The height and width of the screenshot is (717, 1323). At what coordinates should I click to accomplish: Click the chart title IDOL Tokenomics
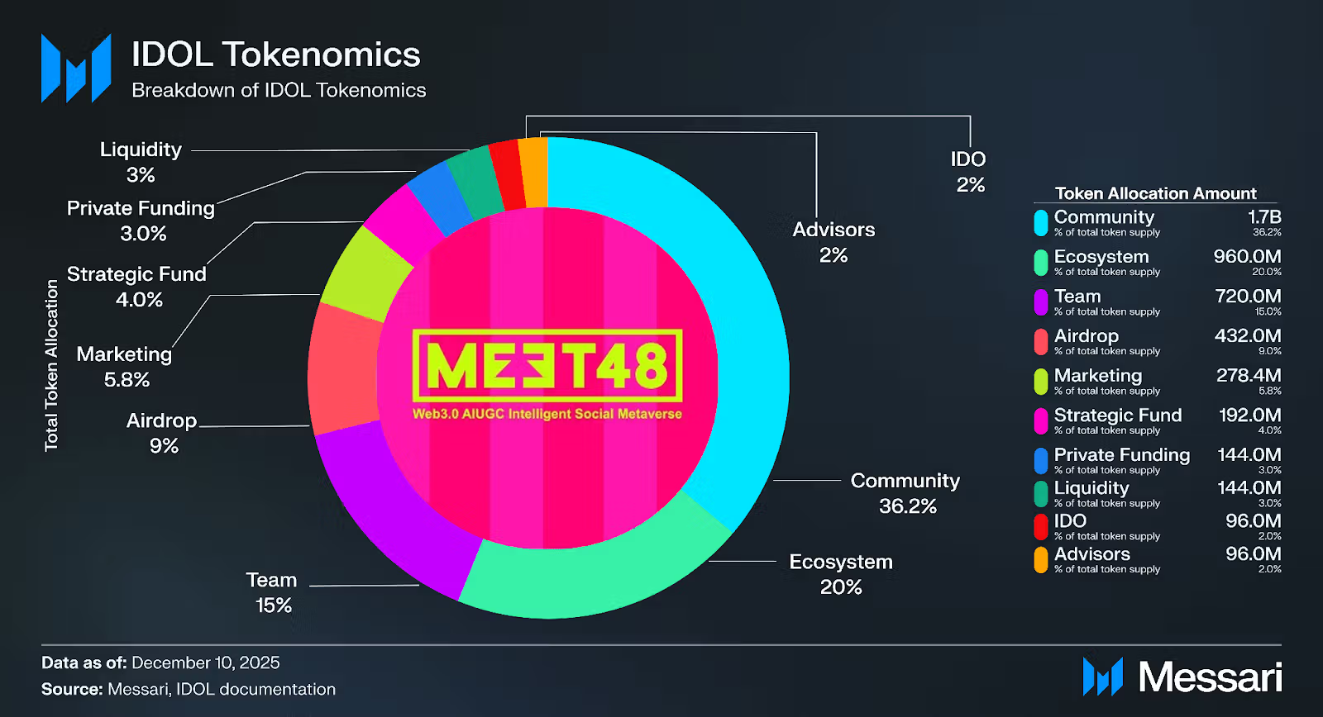275,55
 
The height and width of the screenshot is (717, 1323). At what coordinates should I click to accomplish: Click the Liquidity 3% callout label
141,162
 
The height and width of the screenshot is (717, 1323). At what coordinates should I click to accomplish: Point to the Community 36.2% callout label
905,493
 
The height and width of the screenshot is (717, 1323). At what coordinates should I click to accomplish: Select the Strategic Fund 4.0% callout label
136,286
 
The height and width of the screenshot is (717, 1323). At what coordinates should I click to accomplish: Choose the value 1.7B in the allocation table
1264,217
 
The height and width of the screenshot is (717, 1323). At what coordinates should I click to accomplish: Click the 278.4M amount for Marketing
1249,376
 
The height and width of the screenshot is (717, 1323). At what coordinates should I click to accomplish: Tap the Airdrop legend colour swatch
1041,341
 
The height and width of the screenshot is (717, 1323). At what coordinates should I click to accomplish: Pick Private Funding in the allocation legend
1122,455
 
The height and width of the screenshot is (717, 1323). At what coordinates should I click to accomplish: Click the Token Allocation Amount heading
1155,193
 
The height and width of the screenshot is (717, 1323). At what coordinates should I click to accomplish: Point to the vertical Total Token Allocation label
51,365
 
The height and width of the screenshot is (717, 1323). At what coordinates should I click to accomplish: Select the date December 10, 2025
206,662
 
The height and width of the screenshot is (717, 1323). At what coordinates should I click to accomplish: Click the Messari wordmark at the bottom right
1210,677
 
